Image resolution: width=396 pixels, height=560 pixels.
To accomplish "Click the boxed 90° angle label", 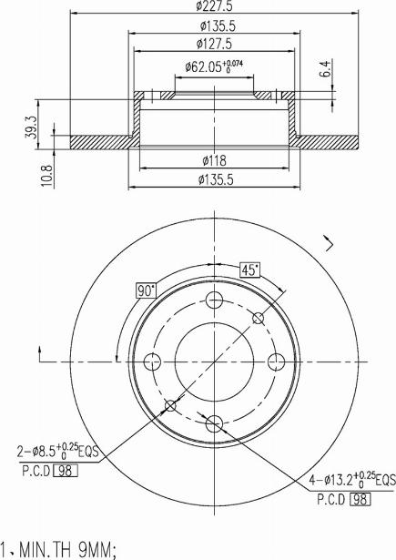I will (x=145, y=290).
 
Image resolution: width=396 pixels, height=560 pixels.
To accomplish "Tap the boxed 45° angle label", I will (x=249, y=270).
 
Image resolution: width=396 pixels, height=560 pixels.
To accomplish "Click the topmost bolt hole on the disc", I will (x=215, y=302).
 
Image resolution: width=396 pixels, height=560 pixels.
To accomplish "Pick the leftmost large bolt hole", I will (x=155, y=361).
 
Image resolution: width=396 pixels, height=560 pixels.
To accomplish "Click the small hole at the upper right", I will (x=258, y=319).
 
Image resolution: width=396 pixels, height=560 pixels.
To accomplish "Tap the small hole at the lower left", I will (x=171, y=405).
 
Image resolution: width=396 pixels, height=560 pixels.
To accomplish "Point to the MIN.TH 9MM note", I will (x=62, y=549).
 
